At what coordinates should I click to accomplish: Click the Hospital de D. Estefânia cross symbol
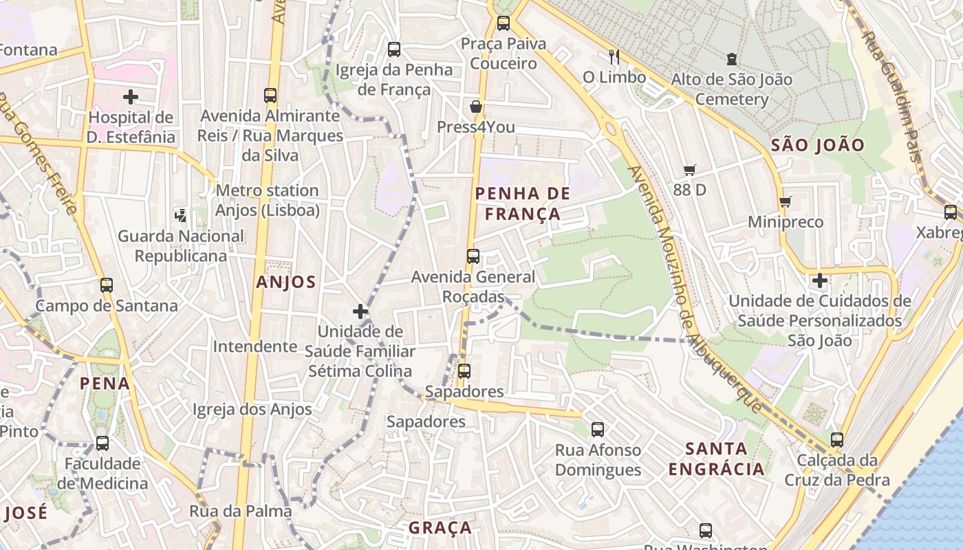click(131, 97)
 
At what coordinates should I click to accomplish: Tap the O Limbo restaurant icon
click(614, 56)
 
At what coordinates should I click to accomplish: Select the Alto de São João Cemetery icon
click(731, 60)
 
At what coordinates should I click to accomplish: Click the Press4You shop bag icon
click(475, 107)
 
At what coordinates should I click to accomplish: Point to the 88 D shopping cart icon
click(690, 170)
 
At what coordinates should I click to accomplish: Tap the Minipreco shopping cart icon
click(785, 202)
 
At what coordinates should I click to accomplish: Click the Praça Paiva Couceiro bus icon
click(504, 23)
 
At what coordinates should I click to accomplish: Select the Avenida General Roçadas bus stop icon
click(473, 256)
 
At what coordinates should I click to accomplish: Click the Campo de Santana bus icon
click(107, 285)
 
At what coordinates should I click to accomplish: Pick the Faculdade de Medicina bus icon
click(102, 443)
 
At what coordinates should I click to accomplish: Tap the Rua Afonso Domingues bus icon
click(598, 430)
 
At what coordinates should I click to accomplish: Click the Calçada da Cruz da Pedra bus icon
click(837, 440)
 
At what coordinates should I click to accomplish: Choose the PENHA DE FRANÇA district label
click(523, 203)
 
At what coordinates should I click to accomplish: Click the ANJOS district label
click(286, 282)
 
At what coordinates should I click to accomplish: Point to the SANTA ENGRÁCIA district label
click(716, 459)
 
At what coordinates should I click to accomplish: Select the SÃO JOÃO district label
click(817, 145)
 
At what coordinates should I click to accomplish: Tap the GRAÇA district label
click(440, 528)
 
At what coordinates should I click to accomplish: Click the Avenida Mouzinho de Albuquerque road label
click(695, 289)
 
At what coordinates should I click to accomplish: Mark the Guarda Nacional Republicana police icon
click(181, 216)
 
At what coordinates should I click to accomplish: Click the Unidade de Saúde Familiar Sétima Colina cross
click(360, 311)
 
